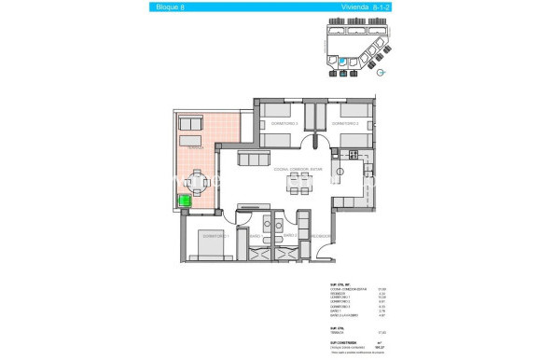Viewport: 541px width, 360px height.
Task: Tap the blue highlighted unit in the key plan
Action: click(341, 62)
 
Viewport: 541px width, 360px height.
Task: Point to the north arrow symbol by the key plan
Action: click(382, 69)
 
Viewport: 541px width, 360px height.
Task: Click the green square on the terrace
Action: click(186, 200)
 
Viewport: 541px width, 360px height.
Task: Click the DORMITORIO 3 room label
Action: click(284, 123)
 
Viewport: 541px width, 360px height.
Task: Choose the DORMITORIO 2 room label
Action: click(349, 123)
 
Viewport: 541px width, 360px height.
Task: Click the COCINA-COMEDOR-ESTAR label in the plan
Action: click(298, 169)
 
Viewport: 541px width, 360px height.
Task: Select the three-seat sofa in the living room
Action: click(255, 159)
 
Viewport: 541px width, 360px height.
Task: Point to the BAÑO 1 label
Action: click(256, 236)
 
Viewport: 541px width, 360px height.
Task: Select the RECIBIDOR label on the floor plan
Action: click(319, 236)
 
